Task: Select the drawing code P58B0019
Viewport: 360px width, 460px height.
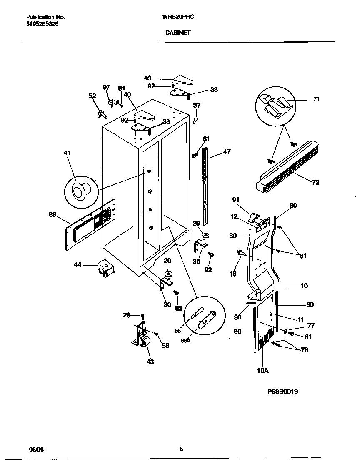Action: point(282,392)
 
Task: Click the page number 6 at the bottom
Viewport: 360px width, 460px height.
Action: point(181,449)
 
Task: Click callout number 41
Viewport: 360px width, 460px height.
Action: point(67,153)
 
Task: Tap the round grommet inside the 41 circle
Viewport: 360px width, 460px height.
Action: point(80,191)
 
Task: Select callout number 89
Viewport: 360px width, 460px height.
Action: point(52,214)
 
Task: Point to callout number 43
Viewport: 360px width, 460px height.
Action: point(150,362)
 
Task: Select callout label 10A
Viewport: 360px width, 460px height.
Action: point(263,370)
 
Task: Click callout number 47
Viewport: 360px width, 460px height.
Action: point(227,152)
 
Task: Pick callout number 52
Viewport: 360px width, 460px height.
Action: point(92,96)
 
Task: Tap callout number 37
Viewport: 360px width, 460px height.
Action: point(197,105)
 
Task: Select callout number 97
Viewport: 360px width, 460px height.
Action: point(107,87)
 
